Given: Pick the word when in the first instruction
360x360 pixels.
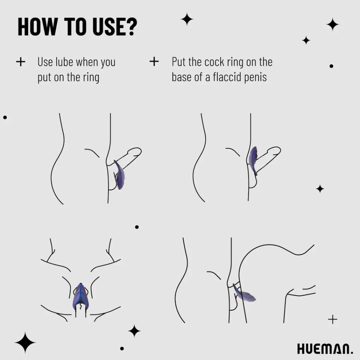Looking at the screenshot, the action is pos(86,62).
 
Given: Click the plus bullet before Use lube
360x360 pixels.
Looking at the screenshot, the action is pos(21,62).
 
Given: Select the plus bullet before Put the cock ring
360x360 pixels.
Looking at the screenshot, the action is pos(154,61).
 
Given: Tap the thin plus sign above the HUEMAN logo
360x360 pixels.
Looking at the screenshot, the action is pos(333,319).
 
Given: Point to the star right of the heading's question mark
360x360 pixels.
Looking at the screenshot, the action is pos(187,19).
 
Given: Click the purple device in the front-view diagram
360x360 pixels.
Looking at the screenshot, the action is pos(80,297).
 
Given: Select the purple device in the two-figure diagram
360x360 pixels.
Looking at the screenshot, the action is pos(244,294).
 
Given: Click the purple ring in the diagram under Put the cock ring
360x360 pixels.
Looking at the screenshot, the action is pos(253,158).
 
